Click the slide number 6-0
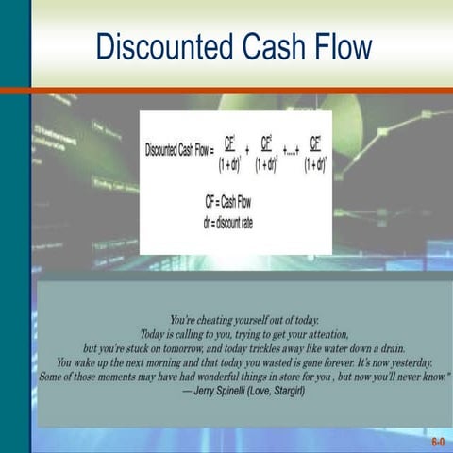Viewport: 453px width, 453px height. click(438, 441)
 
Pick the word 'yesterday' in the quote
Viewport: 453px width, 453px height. click(406, 361)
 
